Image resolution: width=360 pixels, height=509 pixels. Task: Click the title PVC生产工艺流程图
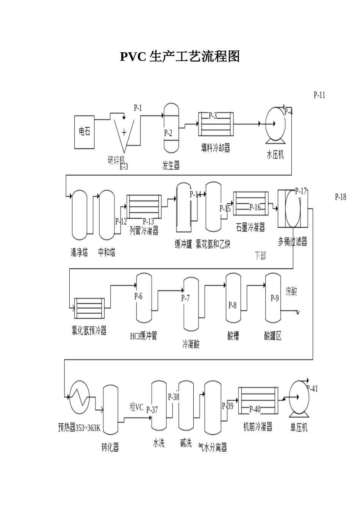pos(180,57)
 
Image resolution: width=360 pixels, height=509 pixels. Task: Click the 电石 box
pos(85,132)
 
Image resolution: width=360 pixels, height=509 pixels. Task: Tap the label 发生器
pos(171,166)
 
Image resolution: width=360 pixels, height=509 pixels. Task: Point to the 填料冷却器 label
pos(216,148)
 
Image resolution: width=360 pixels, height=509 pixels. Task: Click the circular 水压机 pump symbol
pos(275,123)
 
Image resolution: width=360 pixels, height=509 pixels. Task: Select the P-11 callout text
pos(319,95)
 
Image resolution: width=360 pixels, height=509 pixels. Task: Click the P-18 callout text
pos(340,197)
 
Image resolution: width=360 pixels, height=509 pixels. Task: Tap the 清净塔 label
pos(79,252)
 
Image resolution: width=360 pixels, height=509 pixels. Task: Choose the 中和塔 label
pos(107,252)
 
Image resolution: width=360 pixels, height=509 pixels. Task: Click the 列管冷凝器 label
pos(144,231)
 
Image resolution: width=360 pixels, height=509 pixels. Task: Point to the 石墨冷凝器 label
pos(250,227)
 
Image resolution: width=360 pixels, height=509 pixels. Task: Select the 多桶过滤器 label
pos(293,242)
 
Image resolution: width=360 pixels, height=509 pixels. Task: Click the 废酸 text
pos(291,292)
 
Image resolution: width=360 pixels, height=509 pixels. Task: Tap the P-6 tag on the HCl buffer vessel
pos(138,296)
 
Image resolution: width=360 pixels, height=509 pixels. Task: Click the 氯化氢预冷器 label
pos(89,331)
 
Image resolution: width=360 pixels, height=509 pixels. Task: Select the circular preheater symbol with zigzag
pos(79,396)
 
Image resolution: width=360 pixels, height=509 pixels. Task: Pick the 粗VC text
pos(136,407)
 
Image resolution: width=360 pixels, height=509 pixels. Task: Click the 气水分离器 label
pos(213,448)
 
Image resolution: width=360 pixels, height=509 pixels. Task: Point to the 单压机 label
pos(299,428)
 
